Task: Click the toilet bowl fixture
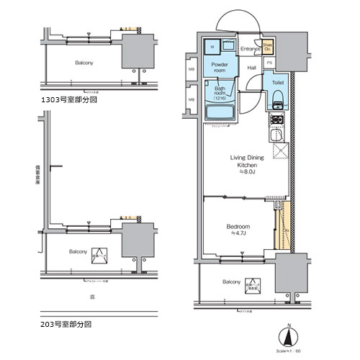pos(278,98)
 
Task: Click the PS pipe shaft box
pos(269,63)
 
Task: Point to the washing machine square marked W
pos(212,48)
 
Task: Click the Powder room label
pos(219,67)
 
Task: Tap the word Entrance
pos(250,48)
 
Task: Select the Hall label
pos(252,68)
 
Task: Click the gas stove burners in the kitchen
pos(278,120)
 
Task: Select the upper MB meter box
pos(191,70)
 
